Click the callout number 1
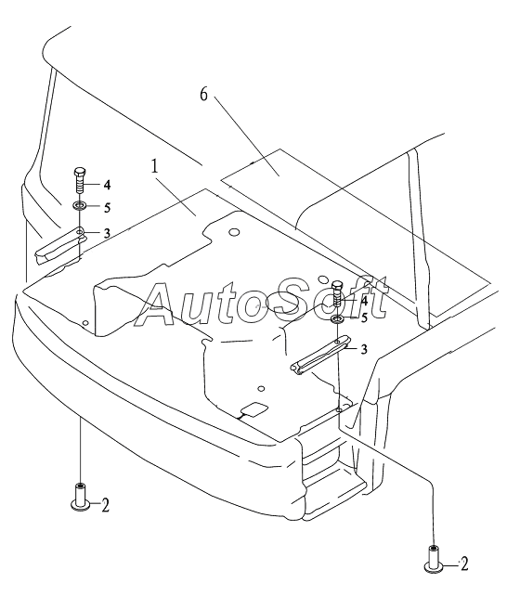click(x=155, y=167)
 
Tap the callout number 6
click(x=204, y=95)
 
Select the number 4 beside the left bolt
click(x=107, y=185)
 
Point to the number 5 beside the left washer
click(x=107, y=207)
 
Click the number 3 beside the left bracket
click(x=107, y=233)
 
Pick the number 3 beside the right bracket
click(x=363, y=349)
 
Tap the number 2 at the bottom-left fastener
click(x=105, y=505)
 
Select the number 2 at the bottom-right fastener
click(x=464, y=564)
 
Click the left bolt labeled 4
click(x=79, y=181)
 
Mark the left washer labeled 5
click(x=79, y=204)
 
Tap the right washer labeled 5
click(x=337, y=319)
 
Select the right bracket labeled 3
click(x=320, y=356)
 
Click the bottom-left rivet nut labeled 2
click(x=80, y=497)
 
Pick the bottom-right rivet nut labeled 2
click(x=433, y=558)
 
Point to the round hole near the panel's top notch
click(x=234, y=232)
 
